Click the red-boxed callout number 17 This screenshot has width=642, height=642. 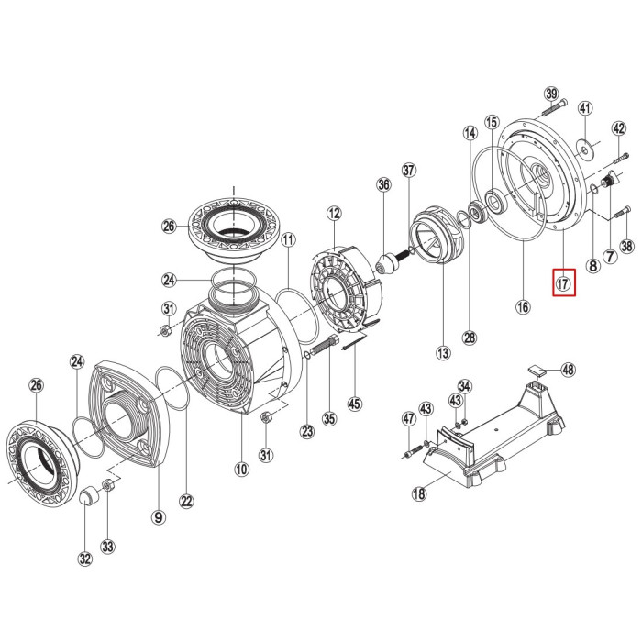click(563, 283)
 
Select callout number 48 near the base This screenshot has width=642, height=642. click(569, 370)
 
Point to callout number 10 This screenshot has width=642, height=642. click(241, 470)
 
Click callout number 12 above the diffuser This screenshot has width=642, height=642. click(333, 214)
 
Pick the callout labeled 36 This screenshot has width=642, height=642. click(383, 185)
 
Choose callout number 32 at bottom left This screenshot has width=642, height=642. click(85, 558)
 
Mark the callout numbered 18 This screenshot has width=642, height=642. click(419, 494)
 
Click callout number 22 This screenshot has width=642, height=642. click(187, 501)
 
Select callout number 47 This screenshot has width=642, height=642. click(409, 419)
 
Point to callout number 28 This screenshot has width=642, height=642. click(470, 338)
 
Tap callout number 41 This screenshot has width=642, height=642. click(587, 109)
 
